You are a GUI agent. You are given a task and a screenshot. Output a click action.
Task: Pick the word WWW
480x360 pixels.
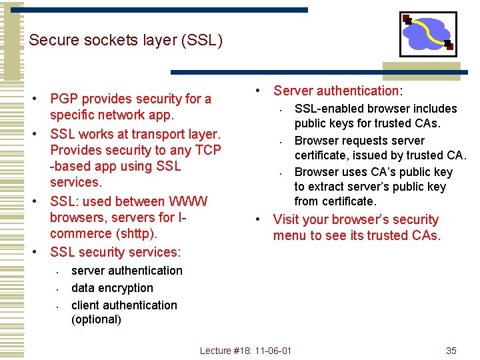pos(189,201)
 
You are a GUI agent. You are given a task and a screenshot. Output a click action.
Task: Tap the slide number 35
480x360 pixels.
pos(451,351)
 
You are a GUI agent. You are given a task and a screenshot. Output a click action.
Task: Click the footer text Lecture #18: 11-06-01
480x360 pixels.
pos(246,351)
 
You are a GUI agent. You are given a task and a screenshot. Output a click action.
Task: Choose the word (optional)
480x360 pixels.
pos(96,319)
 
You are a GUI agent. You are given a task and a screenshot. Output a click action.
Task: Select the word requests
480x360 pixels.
pos(361,141)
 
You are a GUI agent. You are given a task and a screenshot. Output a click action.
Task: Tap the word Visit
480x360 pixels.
pos(286,219)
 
